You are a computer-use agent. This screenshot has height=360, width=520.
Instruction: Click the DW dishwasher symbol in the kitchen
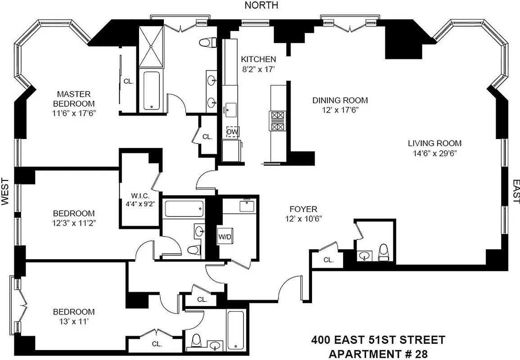click(x=232, y=132)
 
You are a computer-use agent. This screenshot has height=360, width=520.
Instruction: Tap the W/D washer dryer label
click(x=224, y=236)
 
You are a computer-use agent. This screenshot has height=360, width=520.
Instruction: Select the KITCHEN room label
click(x=258, y=59)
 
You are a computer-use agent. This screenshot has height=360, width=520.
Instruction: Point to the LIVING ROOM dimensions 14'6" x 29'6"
click(x=435, y=153)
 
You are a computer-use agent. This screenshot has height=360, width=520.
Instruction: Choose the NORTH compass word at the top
click(x=261, y=5)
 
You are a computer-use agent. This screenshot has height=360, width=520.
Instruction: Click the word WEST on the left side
click(x=5, y=192)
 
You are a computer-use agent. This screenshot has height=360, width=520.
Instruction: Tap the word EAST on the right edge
click(x=515, y=192)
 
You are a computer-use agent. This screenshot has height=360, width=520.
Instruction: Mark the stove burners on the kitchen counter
click(x=277, y=121)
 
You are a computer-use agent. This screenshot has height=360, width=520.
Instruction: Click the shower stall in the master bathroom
click(x=151, y=46)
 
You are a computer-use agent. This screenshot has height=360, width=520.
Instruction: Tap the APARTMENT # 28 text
click(x=377, y=353)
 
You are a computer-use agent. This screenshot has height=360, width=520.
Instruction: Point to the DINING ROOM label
click(x=340, y=100)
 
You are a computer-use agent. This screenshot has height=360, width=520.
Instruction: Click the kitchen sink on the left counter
click(x=231, y=108)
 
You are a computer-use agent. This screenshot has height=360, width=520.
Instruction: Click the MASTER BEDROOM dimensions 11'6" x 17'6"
click(x=73, y=113)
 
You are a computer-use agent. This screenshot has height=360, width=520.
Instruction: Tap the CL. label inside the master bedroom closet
click(x=129, y=81)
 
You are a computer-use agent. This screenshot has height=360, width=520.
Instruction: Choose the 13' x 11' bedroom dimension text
click(x=74, y=322)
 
